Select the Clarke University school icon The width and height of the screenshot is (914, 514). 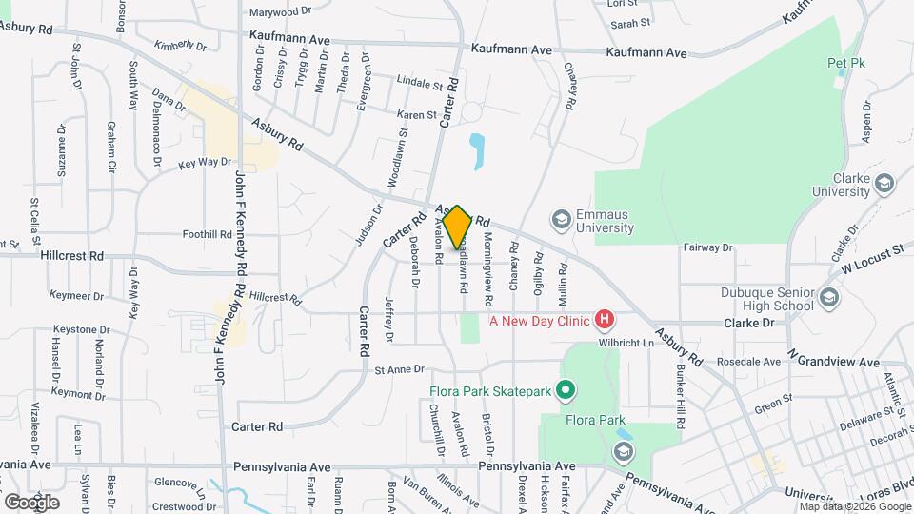(x=884, y=183)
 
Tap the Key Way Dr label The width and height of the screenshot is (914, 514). (x=205, y=164)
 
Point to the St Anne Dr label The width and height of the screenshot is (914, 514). (x=398, y=369)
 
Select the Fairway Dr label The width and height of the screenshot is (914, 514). (x=707, y=247)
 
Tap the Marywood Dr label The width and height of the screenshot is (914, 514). (x=280, y=12)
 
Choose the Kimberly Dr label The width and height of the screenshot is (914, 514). (x=180, y=45)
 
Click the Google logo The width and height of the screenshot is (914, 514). (x=31, y=502)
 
